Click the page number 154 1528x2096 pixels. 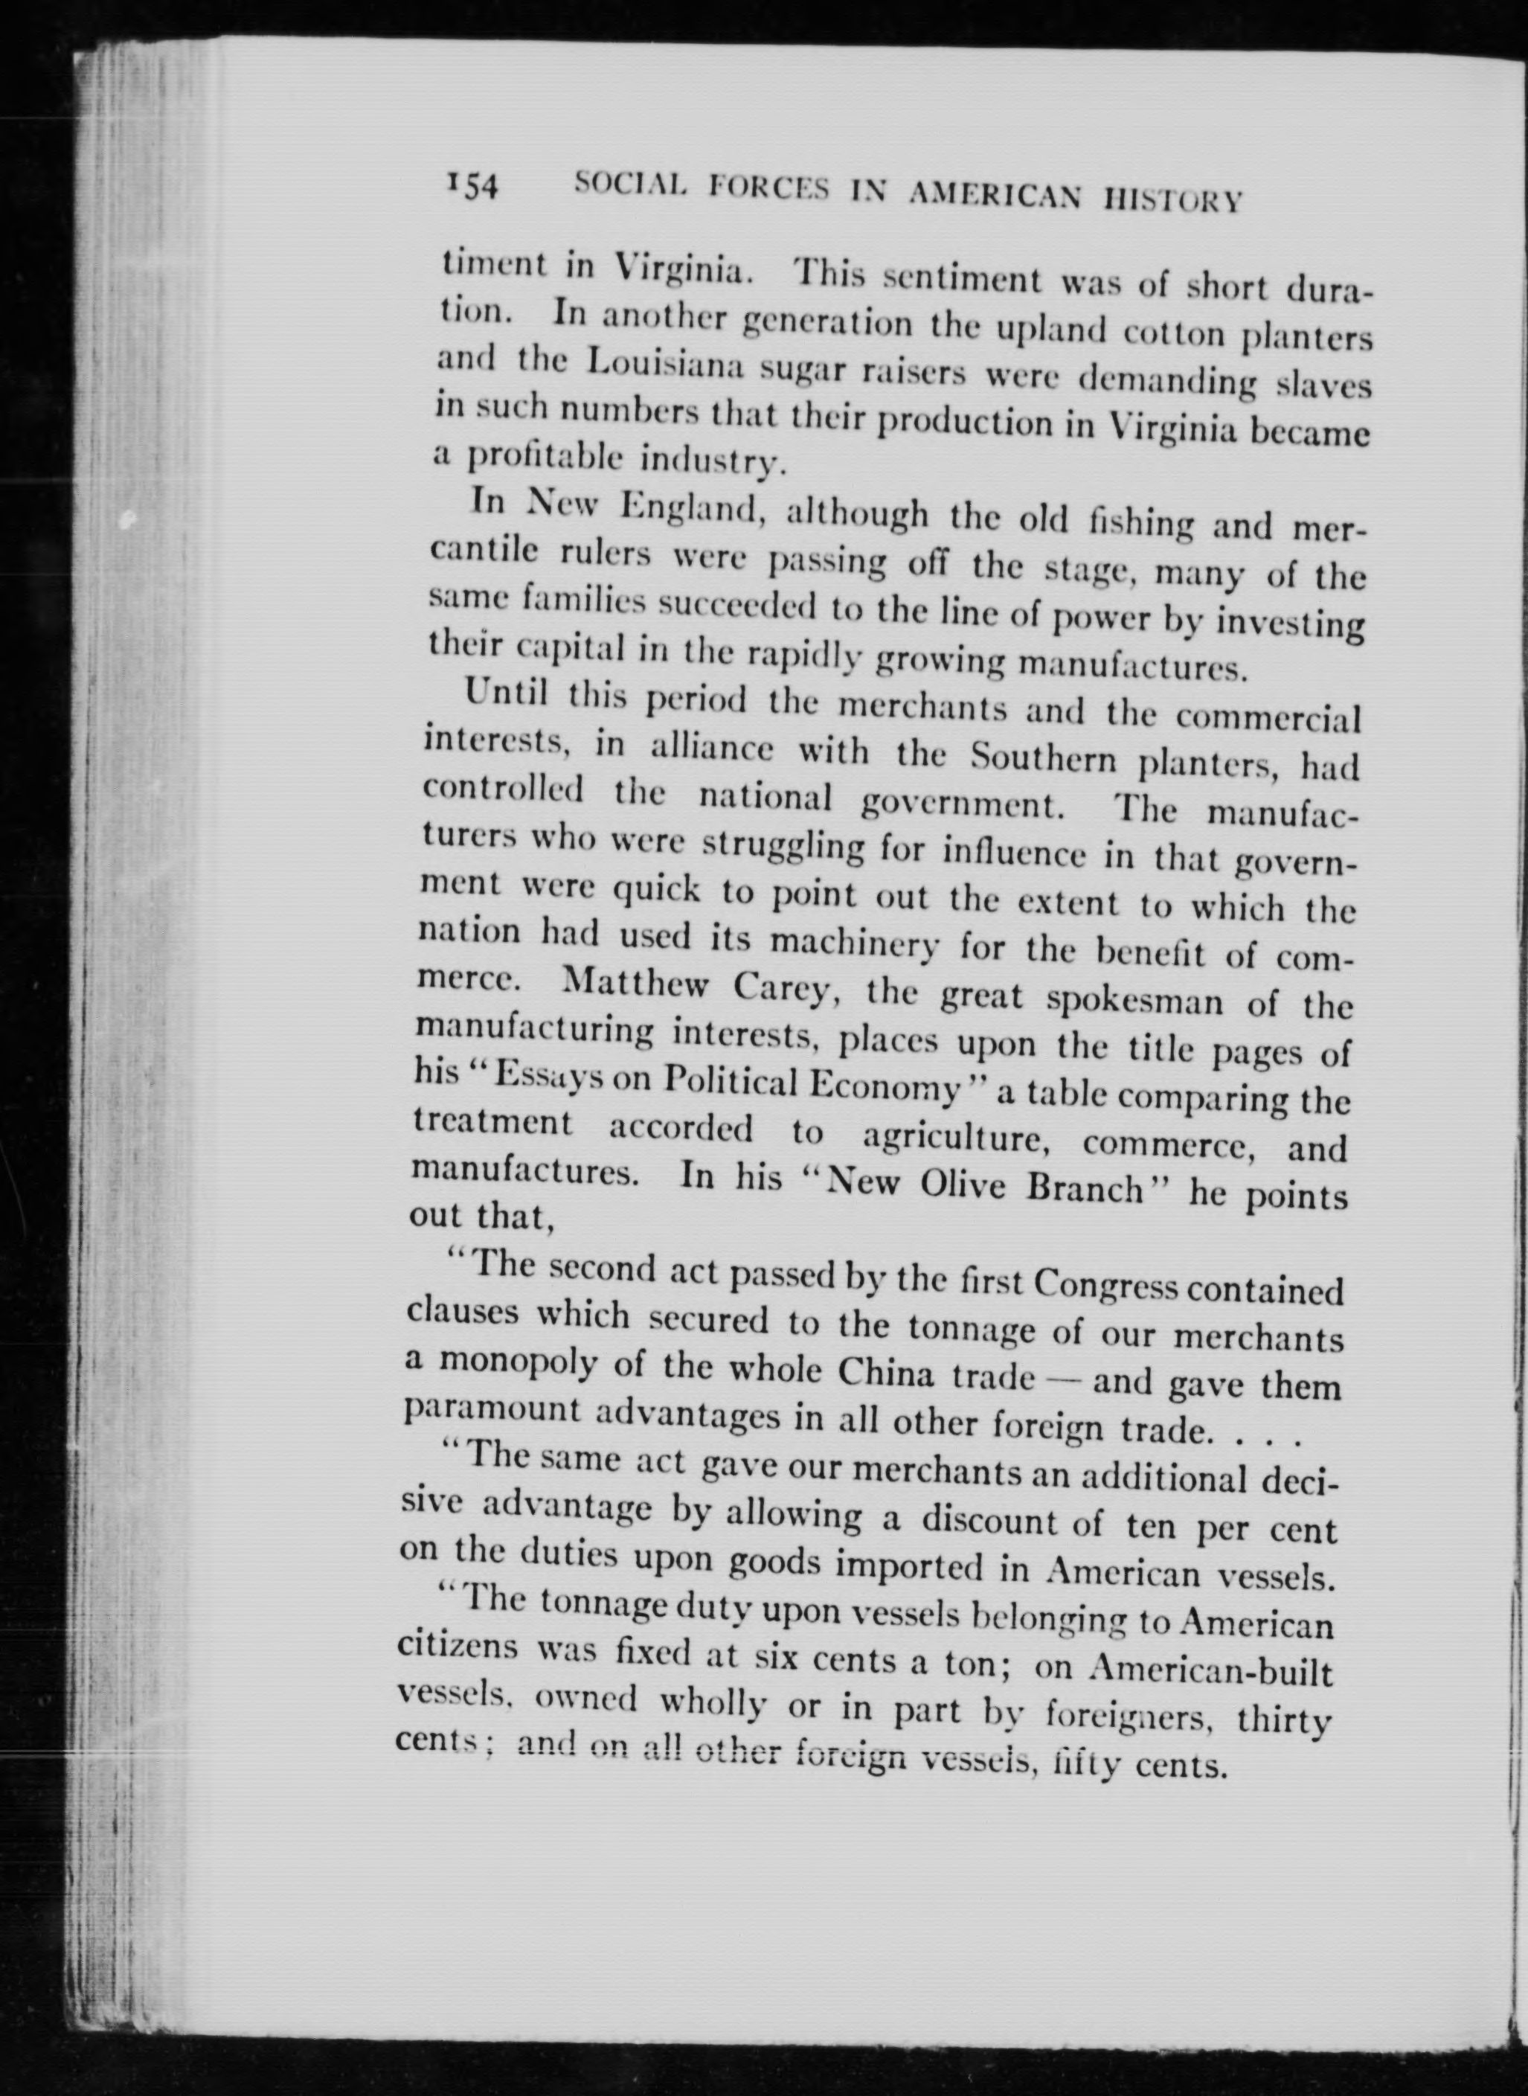(472, 186)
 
